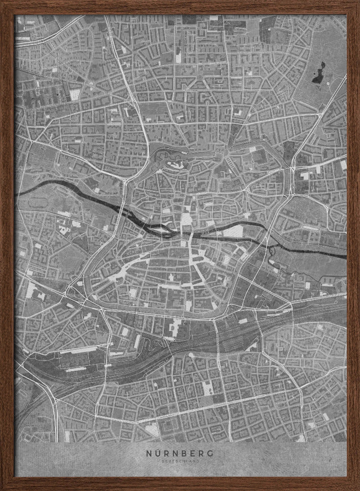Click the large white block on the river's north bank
click(235, 231)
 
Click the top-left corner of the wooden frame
click(2, 2)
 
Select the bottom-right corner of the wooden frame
click(358, 489)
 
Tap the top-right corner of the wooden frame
click(358, 2)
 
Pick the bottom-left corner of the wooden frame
click(2, 489)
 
